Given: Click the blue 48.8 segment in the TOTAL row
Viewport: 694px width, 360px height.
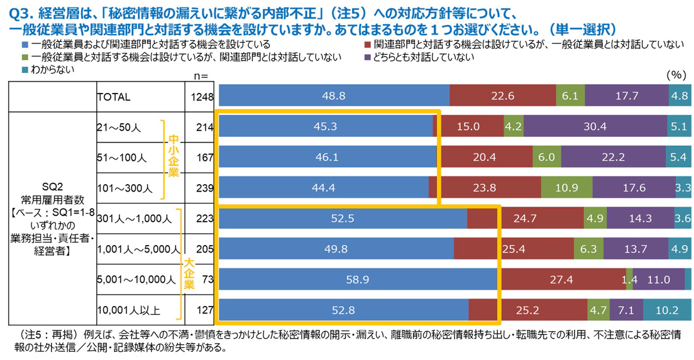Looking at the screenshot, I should pos(334,96).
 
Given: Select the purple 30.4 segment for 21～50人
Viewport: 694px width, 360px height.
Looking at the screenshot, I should pos(595,126).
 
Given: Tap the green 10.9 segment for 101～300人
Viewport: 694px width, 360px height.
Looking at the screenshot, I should pos(566,187).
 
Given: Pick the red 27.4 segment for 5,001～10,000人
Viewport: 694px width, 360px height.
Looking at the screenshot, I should pos(563,280).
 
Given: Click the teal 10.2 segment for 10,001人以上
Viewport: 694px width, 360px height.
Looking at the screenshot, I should pos(667,310).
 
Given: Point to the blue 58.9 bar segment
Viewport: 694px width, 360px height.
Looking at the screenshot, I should pos(358,280).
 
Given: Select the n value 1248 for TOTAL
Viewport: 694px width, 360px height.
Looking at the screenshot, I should pos(204,97).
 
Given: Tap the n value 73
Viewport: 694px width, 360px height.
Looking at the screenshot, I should pos(208,280).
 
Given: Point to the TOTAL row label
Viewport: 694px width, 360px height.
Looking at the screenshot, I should pos(114,97).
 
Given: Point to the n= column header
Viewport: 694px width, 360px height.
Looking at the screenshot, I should pos(201,75).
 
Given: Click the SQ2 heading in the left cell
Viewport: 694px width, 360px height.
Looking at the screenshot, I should pos(51,188).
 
